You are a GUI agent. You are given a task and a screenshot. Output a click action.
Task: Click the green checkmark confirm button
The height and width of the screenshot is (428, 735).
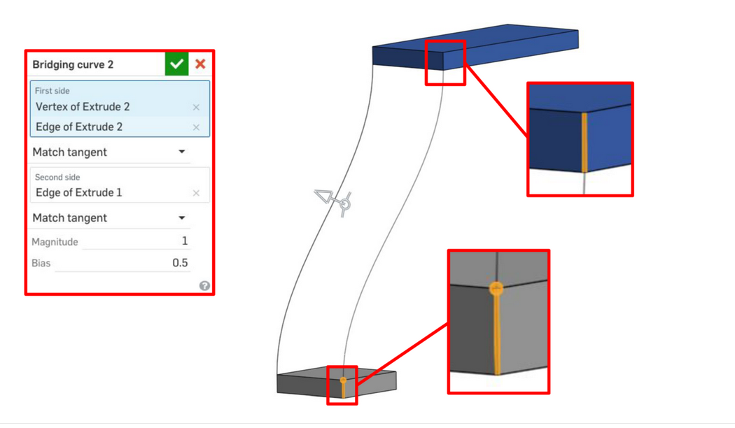(x=176, y=64)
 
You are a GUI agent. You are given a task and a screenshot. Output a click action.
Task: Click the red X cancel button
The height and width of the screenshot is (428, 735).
(x=200, y=64)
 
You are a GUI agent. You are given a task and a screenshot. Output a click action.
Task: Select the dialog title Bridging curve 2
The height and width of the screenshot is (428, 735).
(x=73, y=64)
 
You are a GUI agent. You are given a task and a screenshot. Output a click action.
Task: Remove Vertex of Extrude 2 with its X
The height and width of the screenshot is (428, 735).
(x=196, y=107)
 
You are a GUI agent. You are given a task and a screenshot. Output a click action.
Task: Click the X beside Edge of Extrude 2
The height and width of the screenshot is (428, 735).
(x=196, y=127)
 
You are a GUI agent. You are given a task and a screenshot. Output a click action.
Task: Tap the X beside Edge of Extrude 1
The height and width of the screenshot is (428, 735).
(x=196, y=193)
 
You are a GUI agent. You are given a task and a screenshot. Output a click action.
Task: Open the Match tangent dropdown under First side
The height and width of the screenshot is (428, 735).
(x=181, y=152)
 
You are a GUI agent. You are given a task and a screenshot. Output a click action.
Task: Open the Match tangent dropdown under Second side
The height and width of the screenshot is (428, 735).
(x=181, y=217)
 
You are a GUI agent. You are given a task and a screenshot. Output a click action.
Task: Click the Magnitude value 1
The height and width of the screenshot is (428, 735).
(x=185, y=241)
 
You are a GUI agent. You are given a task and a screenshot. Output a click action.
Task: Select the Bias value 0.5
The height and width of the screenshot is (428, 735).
(x=180, y=263)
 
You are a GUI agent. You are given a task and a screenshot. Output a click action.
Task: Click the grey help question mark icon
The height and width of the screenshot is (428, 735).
(x=204, y=285)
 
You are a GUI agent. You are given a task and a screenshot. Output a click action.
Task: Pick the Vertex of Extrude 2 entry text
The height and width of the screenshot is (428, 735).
(x=83, y=107)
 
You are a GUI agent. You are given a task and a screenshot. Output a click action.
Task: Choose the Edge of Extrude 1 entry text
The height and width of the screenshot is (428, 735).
(x=78, y=192)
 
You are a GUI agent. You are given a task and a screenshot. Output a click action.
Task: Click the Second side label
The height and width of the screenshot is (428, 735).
(x=57, y=177)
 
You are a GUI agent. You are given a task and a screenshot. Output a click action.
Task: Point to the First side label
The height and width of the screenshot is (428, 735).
(x=52, y=90)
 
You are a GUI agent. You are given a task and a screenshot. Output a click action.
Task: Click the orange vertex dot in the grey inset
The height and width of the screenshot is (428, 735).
(x=496, y=288)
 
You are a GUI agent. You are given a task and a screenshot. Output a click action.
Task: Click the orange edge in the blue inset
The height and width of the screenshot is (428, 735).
(x=584, y=143)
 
